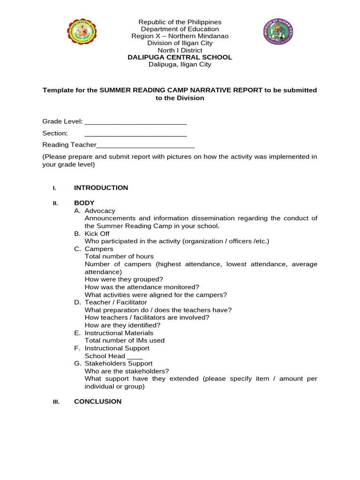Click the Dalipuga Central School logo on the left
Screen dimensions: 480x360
click(82, 31)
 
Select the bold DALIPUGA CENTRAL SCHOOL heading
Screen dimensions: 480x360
click(180, 57)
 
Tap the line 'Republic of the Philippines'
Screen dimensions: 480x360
click(180, 22)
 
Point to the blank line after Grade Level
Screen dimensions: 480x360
click(135, 122)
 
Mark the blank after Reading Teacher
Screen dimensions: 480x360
click(145, 146)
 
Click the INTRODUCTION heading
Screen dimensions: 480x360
click(101, 187)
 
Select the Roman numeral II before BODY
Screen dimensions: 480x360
click(55, 203)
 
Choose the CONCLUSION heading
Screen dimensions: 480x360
click(97, 401)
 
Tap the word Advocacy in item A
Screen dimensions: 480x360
click(100, 211)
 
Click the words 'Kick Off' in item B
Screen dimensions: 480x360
click(97, 233)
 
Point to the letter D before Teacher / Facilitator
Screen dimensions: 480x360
click(77, 302)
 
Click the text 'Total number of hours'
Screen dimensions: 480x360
click(119, 256)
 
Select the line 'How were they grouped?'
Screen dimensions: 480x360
click(124, 279)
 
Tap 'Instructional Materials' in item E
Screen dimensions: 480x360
click(119, 333)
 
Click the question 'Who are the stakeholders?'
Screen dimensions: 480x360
click(127, 371)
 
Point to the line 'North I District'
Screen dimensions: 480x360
click(180, 50)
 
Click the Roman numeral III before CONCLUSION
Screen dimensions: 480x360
click(56, 402)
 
